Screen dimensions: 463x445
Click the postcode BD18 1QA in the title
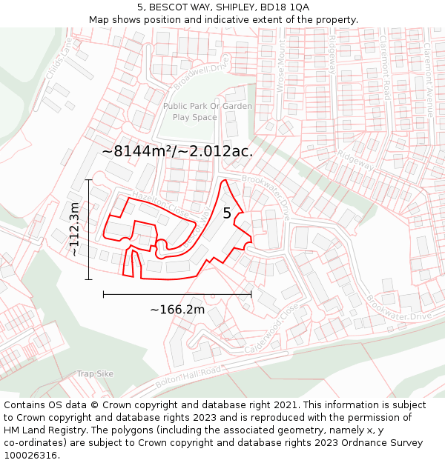[x=282, y=7]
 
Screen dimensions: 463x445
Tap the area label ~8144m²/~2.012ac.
[x=177, y=151]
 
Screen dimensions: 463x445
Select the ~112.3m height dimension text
[x=74, y=230]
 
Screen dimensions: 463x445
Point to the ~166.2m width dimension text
[x=177, y=310]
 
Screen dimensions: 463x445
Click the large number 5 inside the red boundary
[x=227, y=213]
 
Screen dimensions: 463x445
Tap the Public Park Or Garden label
[x=207, y=106]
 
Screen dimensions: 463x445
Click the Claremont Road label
[x=386, y=67]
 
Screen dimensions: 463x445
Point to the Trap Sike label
[x=95, y=374]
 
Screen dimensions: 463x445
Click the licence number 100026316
[x=31, y=455]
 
